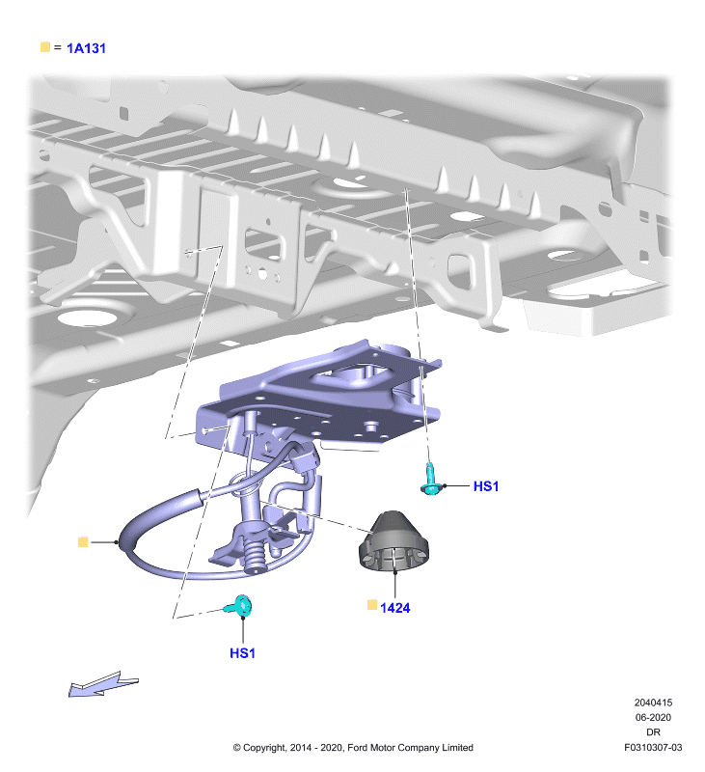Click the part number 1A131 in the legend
86,48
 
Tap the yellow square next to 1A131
45,46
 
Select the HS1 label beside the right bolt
485,486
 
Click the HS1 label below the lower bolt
242,653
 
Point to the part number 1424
395,608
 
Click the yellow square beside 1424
372,605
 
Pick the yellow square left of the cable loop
83,542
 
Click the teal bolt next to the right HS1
430,480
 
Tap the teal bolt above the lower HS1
239,606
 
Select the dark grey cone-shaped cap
393,541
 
